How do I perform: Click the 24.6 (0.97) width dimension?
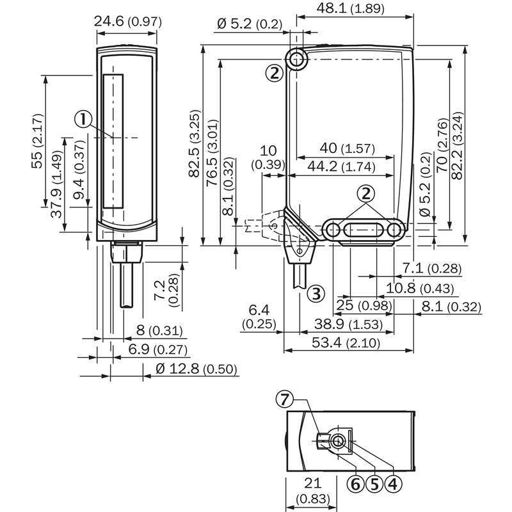127,21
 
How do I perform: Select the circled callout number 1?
83,118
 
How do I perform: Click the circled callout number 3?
315,294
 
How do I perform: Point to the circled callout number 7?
284,399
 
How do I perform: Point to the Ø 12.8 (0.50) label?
196,369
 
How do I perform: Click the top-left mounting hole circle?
296,60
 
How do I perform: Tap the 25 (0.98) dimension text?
362,307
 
